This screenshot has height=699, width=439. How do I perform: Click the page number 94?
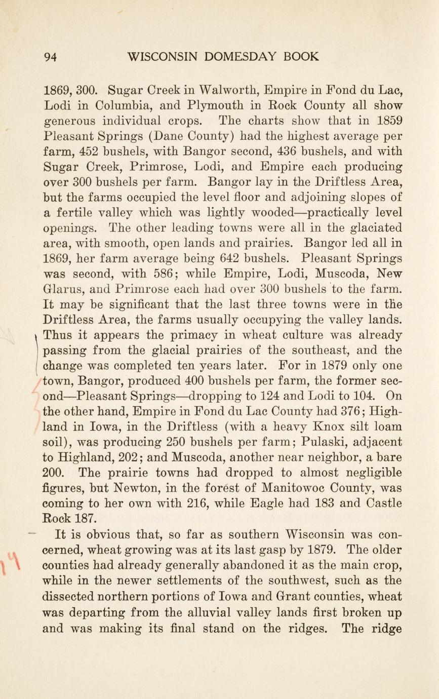pyautogui.click(x=50, y=57)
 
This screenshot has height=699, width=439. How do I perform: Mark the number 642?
pyautogui.click(x=230, y=259)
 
